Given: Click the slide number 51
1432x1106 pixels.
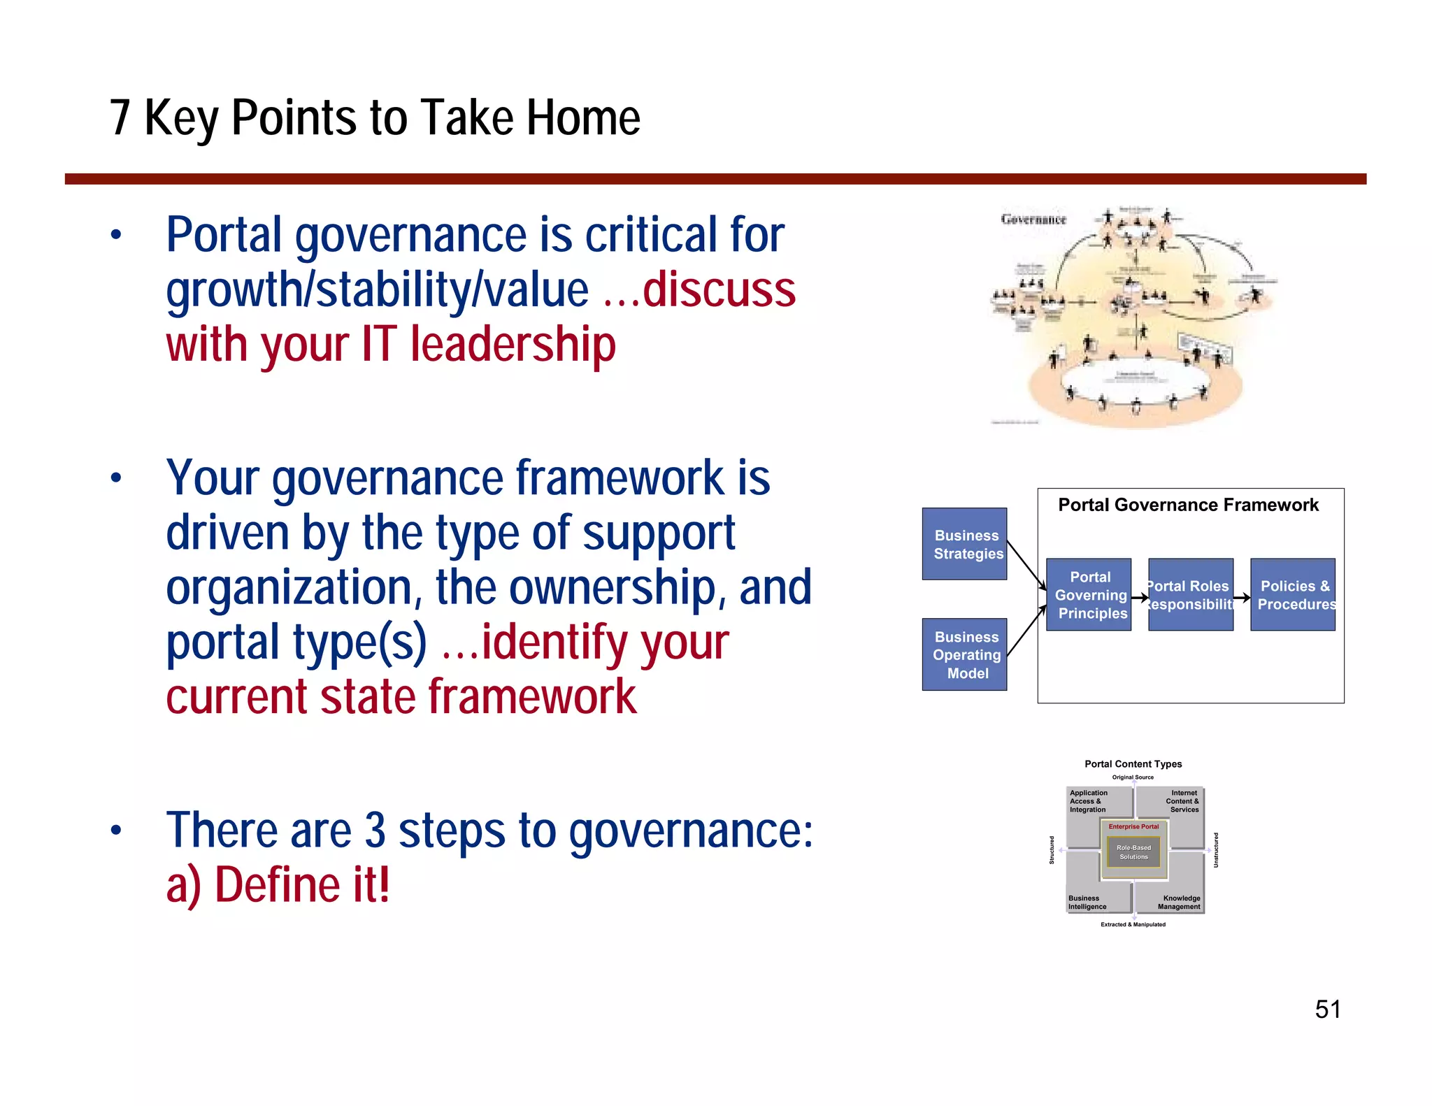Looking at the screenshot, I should [1327, 1010].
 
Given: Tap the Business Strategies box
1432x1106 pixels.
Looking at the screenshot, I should [964, 544].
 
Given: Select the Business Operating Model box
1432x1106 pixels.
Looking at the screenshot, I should [964, 654].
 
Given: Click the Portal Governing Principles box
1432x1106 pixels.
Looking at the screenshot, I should [1089, 594].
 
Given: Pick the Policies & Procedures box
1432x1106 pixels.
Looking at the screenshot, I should [1293, 594].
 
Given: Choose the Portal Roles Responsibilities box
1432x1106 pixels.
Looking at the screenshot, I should [1190, 594].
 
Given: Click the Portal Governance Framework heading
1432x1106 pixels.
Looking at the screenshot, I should [1188, 505].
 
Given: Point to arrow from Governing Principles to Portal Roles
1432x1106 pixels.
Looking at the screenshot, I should [1140, 598].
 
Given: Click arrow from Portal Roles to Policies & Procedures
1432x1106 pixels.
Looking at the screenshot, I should [1242, 598].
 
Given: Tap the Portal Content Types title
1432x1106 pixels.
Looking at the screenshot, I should [1133, 764].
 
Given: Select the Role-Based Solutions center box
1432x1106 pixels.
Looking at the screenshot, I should [1133, 852].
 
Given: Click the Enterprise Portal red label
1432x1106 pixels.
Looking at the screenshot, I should [1133, 826].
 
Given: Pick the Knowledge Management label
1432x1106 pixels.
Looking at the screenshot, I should [1180, 903].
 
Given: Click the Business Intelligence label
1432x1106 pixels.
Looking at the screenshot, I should [1087, 903].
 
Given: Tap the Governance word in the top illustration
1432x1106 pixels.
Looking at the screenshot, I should [1033, 220].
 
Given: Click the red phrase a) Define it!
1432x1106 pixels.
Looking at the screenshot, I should [278, 885].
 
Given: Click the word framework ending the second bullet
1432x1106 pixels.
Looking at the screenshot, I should [532, 697].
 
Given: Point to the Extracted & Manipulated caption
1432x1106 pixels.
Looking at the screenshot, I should [1133, 924].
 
